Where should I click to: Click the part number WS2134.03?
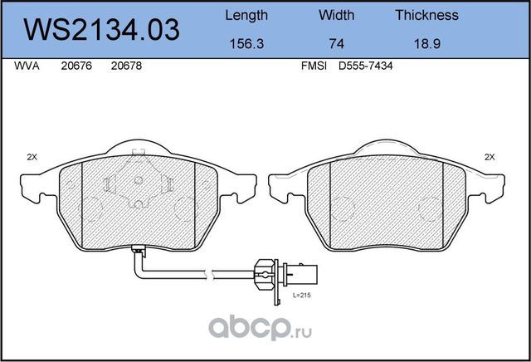click(x=101, y=30)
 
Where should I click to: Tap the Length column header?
click(x=246, y=16)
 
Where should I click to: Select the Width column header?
click(x=336, y=15)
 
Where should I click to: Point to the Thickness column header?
click(x=426, y=15)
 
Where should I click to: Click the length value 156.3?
click(x=246, y=44)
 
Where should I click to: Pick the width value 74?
click(x=337, y=44)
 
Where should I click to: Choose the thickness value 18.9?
click(x=427, y=44)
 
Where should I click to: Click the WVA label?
click(x=27, y=66)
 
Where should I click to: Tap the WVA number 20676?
click(x=76, y=66)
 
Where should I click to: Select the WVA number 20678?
click(x=126, y=66)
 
